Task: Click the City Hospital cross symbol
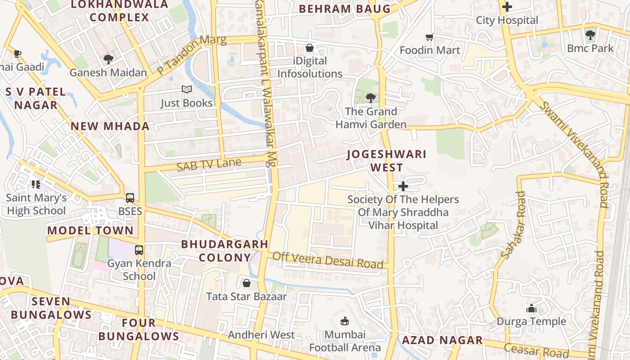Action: point(507,7)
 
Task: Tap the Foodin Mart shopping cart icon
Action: point(430,37)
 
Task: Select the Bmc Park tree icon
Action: point(590,35)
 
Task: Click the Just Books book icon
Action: point(187,90)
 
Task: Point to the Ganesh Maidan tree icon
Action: point(108,59)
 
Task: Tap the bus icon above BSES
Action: point(130,198)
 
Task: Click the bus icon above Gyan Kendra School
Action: point(139,250)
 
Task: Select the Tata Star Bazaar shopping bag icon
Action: point(246,283)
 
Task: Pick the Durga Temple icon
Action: point(531,308)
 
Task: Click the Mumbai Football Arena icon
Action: point(345,321)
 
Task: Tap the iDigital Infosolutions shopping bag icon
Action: point(310,47)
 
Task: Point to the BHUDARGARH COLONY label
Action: point(225,251)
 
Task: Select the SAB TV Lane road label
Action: point(209,165)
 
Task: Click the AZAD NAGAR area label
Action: point(442,340)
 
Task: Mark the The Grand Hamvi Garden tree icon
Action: point(370,98)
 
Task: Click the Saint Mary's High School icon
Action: point(36,184)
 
